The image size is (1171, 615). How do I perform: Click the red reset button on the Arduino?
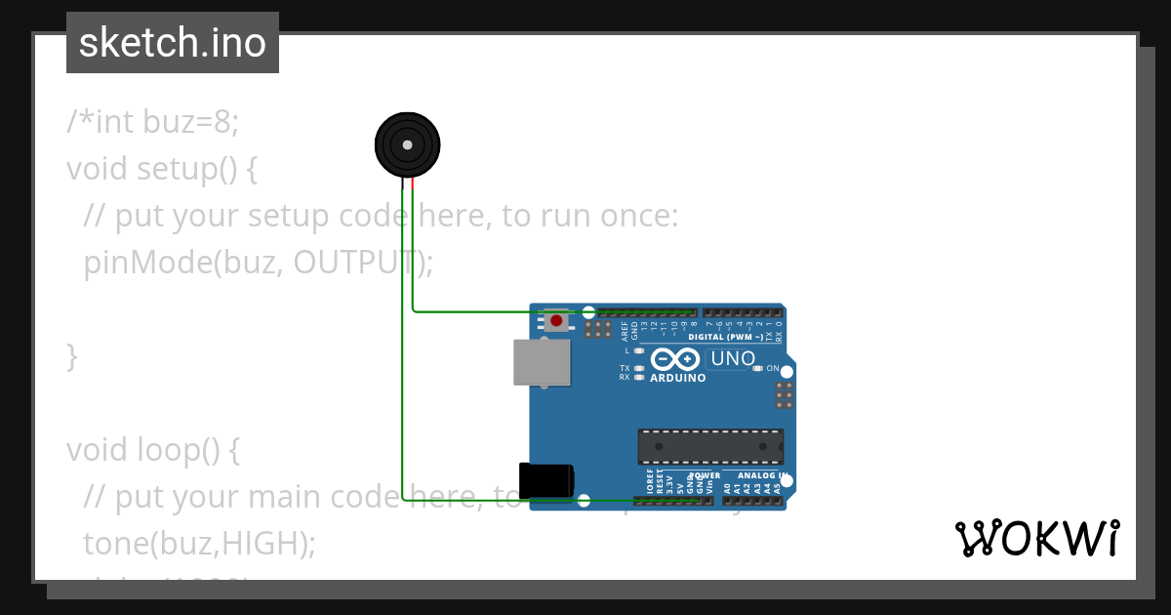(556, 320)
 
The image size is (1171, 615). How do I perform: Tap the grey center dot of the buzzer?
(407, 145)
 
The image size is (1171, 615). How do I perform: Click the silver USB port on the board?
(542, 362)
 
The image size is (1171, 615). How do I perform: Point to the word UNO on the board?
(733, 358)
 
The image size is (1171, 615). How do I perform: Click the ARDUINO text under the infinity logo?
(677, 378)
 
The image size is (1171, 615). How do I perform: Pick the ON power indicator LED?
(757, 368)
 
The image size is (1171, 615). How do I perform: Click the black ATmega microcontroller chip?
(710, 446)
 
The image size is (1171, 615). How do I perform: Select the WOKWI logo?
(1037, 539)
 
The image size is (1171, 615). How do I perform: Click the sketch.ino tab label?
(173, 43)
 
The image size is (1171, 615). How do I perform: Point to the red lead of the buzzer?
(413, 183)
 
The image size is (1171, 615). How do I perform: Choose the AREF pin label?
(625, 329)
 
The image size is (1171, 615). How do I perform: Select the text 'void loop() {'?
(152, 450)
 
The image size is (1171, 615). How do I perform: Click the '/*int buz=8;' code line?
(152, 122)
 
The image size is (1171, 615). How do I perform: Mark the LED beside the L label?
(639, 350)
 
